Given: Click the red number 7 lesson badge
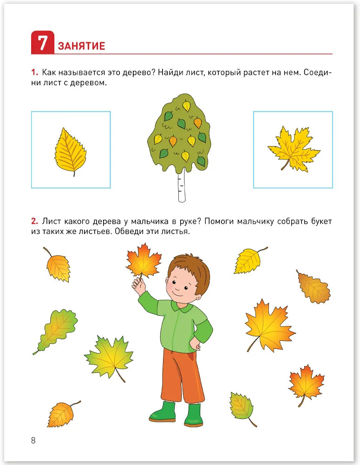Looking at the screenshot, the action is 43,42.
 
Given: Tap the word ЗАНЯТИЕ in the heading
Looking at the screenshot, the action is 81,46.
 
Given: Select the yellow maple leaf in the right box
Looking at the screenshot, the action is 294,149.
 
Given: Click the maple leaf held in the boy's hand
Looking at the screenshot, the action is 144,261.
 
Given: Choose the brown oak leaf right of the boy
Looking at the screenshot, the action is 314,286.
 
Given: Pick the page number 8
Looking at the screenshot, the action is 33,440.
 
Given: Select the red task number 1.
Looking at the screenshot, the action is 34,73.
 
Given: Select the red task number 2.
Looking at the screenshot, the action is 35,221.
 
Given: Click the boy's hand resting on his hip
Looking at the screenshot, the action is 196,344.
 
